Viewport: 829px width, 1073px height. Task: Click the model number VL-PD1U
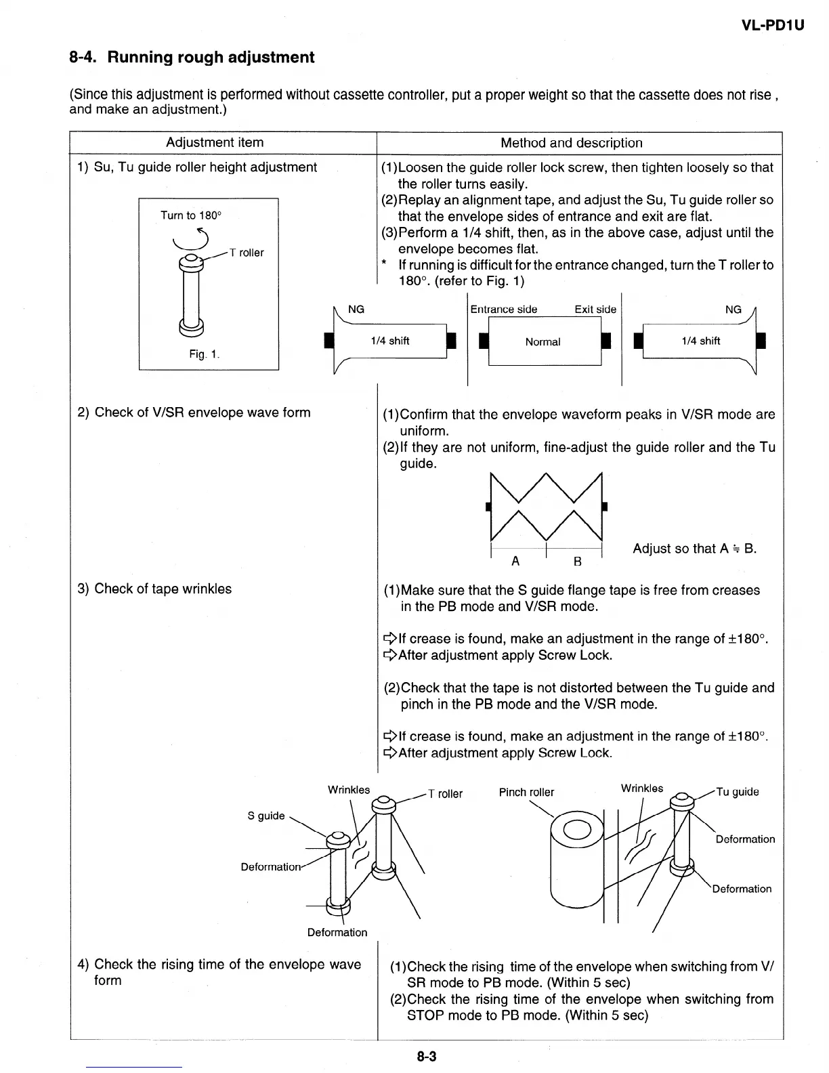coord(772,26)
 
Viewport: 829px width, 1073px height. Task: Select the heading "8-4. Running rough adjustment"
coord(192,57)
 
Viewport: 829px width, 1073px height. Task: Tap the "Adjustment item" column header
coord(215,142)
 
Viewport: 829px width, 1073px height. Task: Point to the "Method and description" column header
coord(571,142)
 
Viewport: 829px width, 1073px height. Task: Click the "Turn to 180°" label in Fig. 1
coord(190,215)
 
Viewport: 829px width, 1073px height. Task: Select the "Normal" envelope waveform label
coord(543,342)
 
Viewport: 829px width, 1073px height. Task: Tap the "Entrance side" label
coord(503,310)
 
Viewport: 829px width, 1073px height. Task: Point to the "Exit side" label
coord(595,310)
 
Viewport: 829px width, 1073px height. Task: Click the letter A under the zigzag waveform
coord(515,561)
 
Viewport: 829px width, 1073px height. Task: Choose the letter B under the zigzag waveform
coord(577,561)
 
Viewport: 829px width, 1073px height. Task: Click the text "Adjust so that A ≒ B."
coord(694,549)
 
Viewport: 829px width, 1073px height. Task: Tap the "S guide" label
coord(266,816)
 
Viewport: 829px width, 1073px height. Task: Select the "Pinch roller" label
coord(526,793)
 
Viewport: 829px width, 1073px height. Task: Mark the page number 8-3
coord(427,1055)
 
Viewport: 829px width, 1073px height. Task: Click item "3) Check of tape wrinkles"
coord(154,589)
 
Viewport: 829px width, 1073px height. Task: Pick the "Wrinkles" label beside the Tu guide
coord(642,788)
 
